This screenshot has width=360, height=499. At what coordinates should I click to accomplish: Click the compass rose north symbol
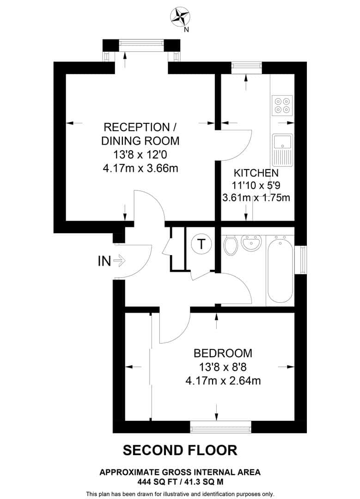click(x=180, y=18)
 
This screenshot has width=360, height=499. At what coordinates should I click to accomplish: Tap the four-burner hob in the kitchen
click(x=282, y=105)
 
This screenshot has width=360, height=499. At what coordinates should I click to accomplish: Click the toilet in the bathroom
click(x=230, y=245)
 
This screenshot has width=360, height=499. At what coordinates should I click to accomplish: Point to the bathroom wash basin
click(x=252, y=244)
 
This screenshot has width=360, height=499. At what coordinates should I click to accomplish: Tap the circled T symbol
click(x=201, y=243)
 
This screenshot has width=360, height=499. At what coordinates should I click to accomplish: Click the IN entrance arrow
click(x=119, y=261)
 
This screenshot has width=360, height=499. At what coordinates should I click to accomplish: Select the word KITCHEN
click(x=256, y=173)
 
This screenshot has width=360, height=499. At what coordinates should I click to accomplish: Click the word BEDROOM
click(x=223, y=353)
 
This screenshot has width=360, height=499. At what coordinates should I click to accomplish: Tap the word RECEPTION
click(x=136, y=127)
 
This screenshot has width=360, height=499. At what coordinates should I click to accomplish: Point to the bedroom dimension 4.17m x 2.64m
click(x=223, y=381)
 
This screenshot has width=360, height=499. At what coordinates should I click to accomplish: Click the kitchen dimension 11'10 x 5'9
click(x=256, y=186)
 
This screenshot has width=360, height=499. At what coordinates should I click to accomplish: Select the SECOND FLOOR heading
click(x=180, y=450)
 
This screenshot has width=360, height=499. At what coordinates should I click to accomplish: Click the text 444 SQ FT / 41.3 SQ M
click(x=180, y=481)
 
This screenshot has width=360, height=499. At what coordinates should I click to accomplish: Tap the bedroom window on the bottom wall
click(x=221, y=427)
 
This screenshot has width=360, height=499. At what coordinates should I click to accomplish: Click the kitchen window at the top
click(x=246, y=67)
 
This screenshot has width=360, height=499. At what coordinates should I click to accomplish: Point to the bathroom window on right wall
click(x=303, y=260)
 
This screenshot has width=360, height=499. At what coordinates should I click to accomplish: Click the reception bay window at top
click(x=141, y=45)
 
